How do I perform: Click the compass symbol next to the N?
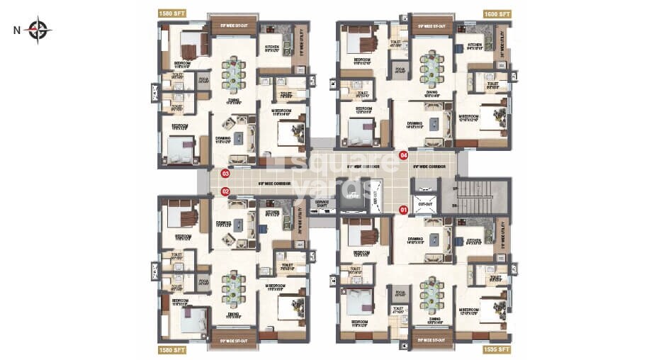pyautogui.click(x=38, y=30)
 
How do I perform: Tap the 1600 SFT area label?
pyautogui.click(x=497, y=13)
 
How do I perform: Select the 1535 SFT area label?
pyautogui.click(x=497, y=349)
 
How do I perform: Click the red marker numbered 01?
pyautogui.click(x=403, y=209)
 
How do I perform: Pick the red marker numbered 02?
pyautogui.click(x=226, y=191)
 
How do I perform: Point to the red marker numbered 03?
pyautogui.click(x=226, y=173)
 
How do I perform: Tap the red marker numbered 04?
pyautogui.click(x=403, y=154)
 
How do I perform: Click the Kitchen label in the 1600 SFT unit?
pyautogui.click(x=474, y=45)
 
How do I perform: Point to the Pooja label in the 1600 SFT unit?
pyautogui.click(x=400, y=69)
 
